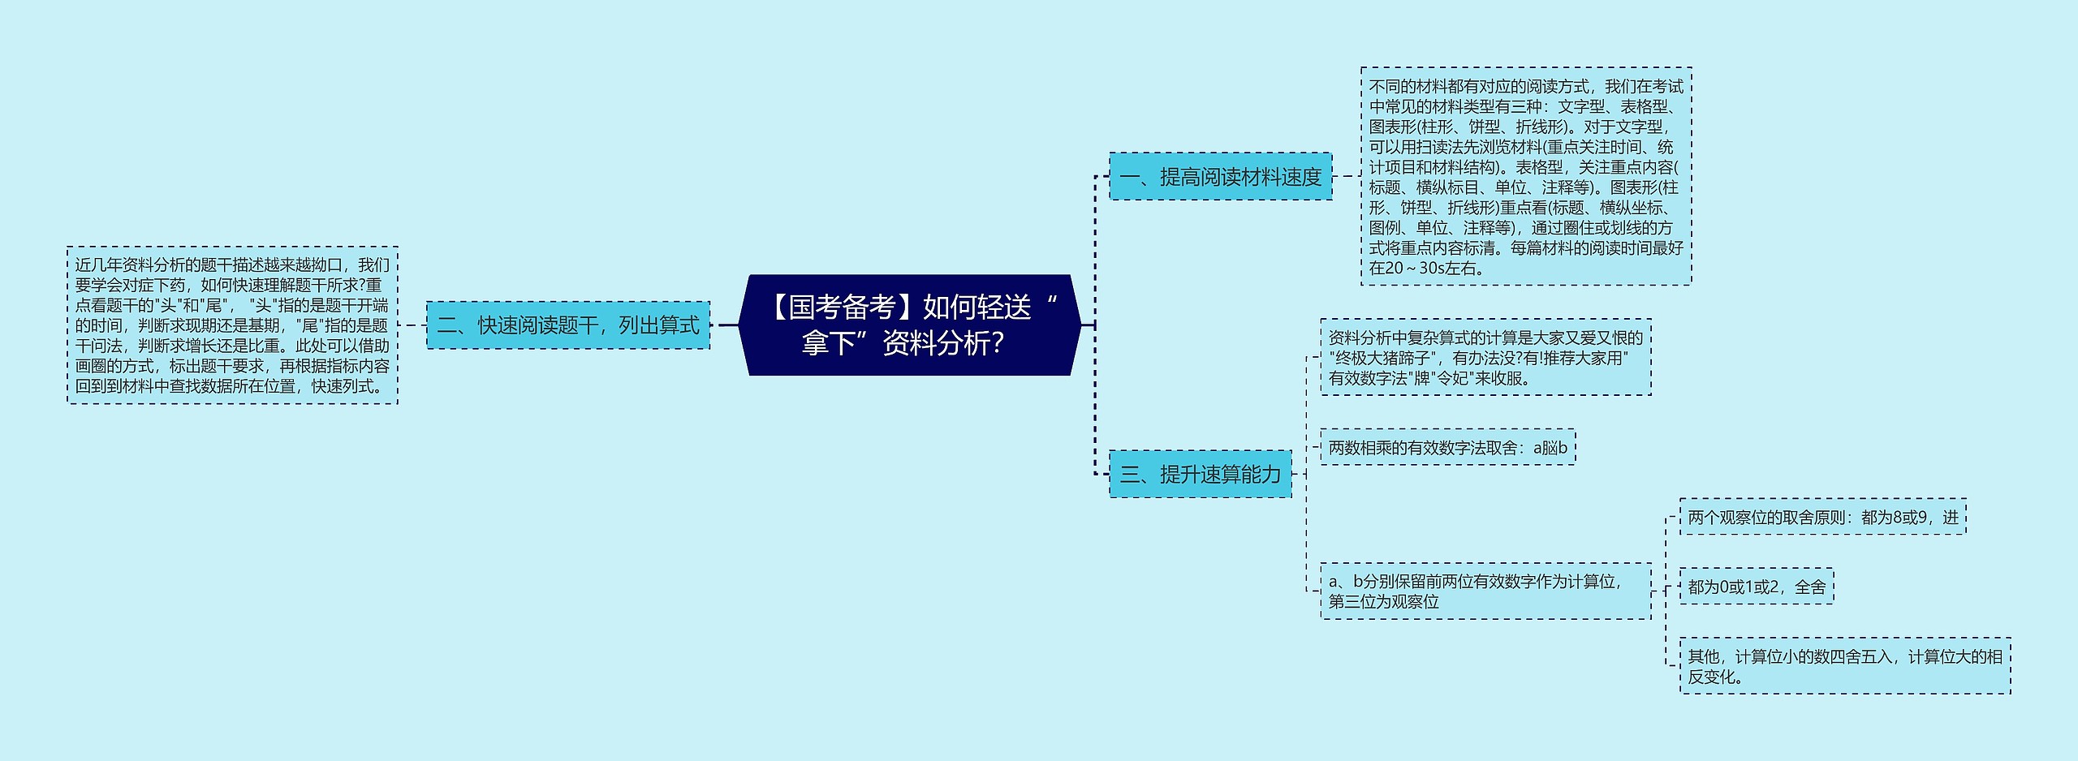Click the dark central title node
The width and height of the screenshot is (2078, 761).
click(909, 325)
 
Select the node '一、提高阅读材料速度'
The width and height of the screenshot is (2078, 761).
click(1220, 176)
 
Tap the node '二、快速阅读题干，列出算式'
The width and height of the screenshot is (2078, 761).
click(568, 325)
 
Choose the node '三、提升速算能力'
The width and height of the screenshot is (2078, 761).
click(1200, 474)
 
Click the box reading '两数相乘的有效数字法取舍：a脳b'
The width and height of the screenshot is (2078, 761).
click(1447, 447)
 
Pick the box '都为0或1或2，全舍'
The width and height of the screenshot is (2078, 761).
click(1756, 587)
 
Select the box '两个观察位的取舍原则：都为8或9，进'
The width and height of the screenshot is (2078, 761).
click(1822, 517)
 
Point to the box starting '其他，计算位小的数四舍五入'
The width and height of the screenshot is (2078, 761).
click(1844, 665)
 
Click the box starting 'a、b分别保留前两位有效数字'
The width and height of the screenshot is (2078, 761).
click(1485, 591)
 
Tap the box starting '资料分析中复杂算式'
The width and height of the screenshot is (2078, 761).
click(1485, 357)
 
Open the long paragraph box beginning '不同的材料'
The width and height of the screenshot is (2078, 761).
click(1525, 176)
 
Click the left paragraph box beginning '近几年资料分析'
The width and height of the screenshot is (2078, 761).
click(232, 325)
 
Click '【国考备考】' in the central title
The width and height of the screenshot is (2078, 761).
click(839, 307)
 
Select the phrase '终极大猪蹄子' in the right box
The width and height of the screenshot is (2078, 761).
click(1381, 358)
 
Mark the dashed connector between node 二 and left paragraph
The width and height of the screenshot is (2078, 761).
click(412, 325)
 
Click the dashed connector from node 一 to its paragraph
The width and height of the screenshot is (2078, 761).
click(1347, 176)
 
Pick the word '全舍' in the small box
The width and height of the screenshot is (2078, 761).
click(1810, 587)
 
